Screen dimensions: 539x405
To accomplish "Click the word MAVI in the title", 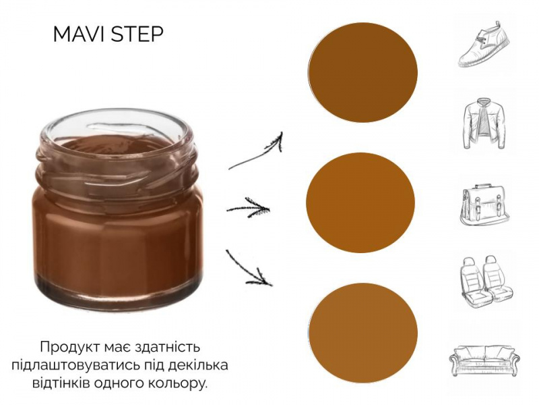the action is click(80, 34).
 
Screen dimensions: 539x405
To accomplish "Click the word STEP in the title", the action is click(137, 34).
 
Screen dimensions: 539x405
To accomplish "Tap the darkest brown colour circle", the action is click(362, 73).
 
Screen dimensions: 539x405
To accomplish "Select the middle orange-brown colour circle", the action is click(360, 202).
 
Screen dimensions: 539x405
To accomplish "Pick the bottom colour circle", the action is click(363, 333).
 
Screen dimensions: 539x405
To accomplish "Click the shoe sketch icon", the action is click(484, 44).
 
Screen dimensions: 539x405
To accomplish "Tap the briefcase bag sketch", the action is click(484, 205).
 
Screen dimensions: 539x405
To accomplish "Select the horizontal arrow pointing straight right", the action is click(248, 209).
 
